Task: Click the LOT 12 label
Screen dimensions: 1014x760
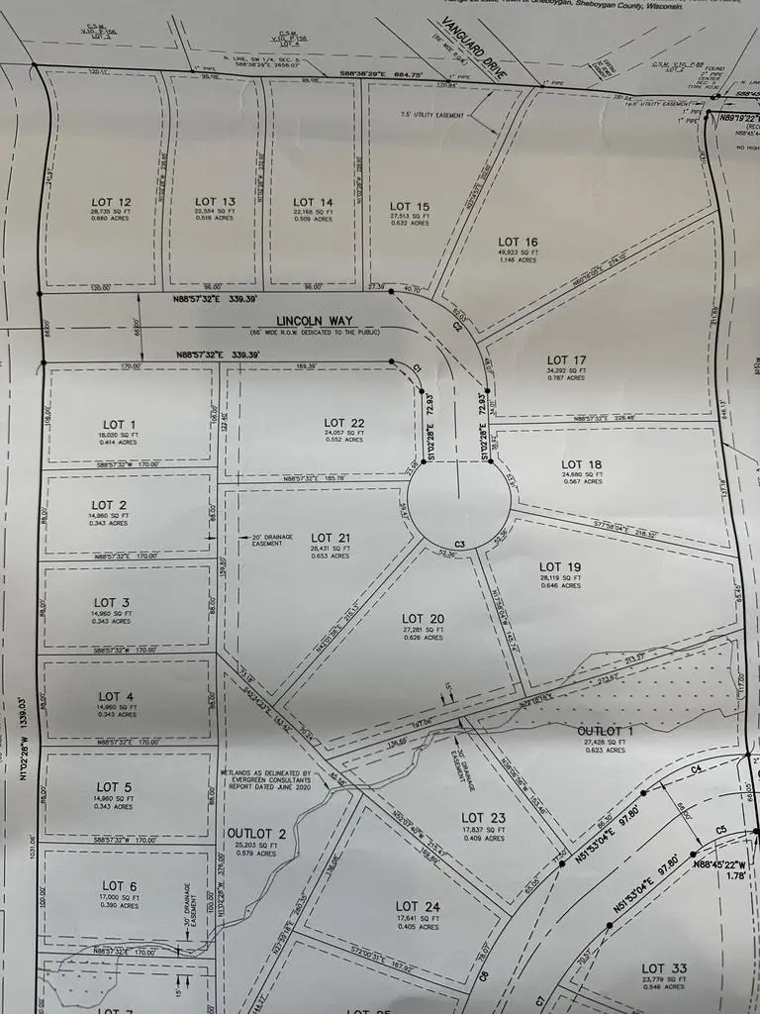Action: coord(110,202)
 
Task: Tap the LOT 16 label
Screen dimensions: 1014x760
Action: coord(518,242)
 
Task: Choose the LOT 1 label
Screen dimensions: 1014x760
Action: coord(110,424)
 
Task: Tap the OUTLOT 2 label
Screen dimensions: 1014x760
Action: coord(256,833)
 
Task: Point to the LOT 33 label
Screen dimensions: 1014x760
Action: coord(663,968)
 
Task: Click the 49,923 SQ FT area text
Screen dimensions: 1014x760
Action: coord(518,253)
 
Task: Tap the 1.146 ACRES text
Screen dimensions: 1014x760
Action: coord(518,261)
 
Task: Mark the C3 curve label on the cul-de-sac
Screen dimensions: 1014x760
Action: coord(459,544)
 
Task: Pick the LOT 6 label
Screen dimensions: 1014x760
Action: coord(114,885)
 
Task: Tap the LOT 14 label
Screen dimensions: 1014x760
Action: coord(313,202)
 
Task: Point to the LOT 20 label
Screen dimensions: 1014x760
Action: coord(423,619)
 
